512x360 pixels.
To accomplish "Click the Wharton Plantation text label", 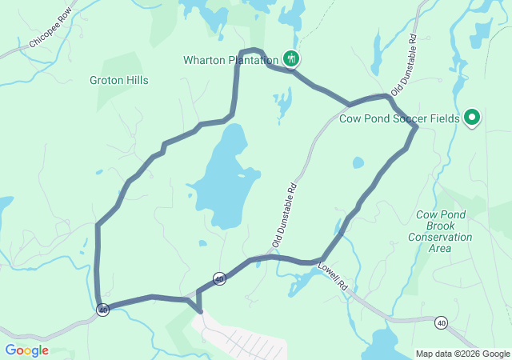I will pyautogui.click(x=230, y=59).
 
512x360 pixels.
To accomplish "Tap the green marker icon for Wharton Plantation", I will pyautogui.click(x=291, y=58).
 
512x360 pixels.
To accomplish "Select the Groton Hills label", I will pyautogui.click(x=119, y=81).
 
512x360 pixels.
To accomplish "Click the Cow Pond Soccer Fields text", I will pyautogui.click(x=399, y=119).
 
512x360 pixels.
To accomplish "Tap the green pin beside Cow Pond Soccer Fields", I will pyautogui.click(x=471, y=118).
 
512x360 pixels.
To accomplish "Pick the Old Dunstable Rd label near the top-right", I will pyautogui.click(x=404, y=64).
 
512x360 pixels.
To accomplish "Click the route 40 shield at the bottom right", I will pyautogui.click(x=441, y=322).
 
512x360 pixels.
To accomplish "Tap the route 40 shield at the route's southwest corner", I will pyautogui.click(x=102, y=310).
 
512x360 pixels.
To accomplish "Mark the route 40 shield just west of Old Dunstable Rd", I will pyautogui.click(x=219, y=278).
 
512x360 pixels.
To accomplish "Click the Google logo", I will pyautogui.click(x=26, y=350).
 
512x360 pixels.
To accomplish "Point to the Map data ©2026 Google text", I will pyautogui.click(x=462, y=354).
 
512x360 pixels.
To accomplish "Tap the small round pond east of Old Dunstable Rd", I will pyautogui.click(x=358, y=162).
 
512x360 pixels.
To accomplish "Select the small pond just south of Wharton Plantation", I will pyautogui.click(x=282, y=103).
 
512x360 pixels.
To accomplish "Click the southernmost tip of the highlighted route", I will pyautogui.click(x=199, y=311).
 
